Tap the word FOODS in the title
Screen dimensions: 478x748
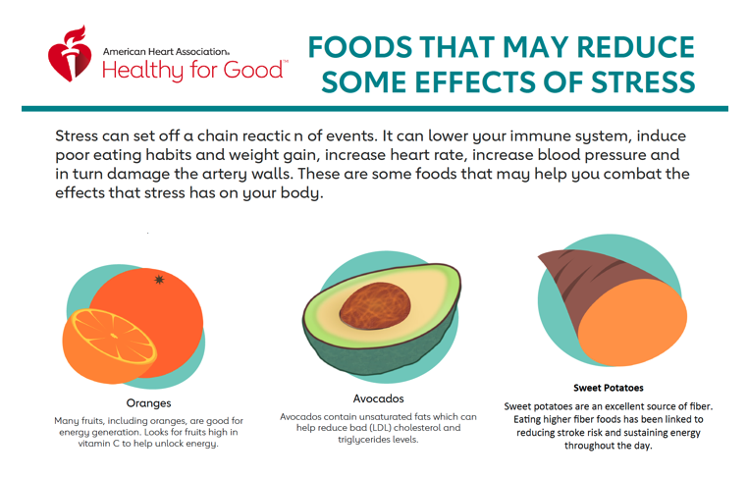coord(372,46)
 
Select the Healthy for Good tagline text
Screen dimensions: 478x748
coord(195,72)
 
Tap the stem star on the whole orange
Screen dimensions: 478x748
coord(160,281)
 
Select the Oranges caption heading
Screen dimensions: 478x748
coord(148,402)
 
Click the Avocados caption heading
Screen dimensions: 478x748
coord(378,398)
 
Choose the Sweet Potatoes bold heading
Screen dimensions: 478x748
coord(609,388)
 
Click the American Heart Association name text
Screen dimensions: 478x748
coord(166,51)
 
